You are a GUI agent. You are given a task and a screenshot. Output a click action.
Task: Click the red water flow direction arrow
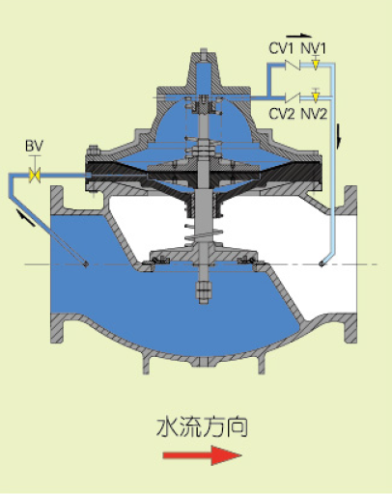[202, 455]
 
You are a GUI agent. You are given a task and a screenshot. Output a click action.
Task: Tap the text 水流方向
[202, 427]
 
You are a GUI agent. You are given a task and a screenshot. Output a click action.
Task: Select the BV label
[34, 147]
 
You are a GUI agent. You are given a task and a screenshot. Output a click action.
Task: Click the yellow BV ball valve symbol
[35, 176]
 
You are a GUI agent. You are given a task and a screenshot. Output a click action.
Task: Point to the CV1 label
[281, 49]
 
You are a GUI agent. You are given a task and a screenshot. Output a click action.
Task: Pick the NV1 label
[314, 49]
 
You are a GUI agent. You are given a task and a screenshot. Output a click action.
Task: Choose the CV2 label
[282, 114]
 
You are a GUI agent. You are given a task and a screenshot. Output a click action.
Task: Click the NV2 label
[315, 114]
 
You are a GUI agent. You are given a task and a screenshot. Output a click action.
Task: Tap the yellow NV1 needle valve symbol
[316, 64]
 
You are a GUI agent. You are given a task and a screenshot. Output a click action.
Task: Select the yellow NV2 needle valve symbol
[316, 96]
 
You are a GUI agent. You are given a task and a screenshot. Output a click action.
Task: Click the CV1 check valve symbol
[293, 66]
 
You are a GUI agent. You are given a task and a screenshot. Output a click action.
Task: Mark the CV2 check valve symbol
[293, 97]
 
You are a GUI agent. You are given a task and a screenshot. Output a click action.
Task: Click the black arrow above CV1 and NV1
[299, 36]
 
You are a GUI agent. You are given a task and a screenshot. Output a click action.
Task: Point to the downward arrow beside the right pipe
[339, 136]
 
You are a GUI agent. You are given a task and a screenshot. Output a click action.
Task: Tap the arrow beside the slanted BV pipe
[26, 217]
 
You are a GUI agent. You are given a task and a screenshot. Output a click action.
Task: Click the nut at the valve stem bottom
[203, 292]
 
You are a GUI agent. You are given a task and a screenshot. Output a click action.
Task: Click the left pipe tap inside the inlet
[86, 264]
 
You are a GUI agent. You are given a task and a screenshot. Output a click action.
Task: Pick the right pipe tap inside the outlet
[322, 264]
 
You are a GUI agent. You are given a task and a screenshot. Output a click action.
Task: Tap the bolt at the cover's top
[204, 55]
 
